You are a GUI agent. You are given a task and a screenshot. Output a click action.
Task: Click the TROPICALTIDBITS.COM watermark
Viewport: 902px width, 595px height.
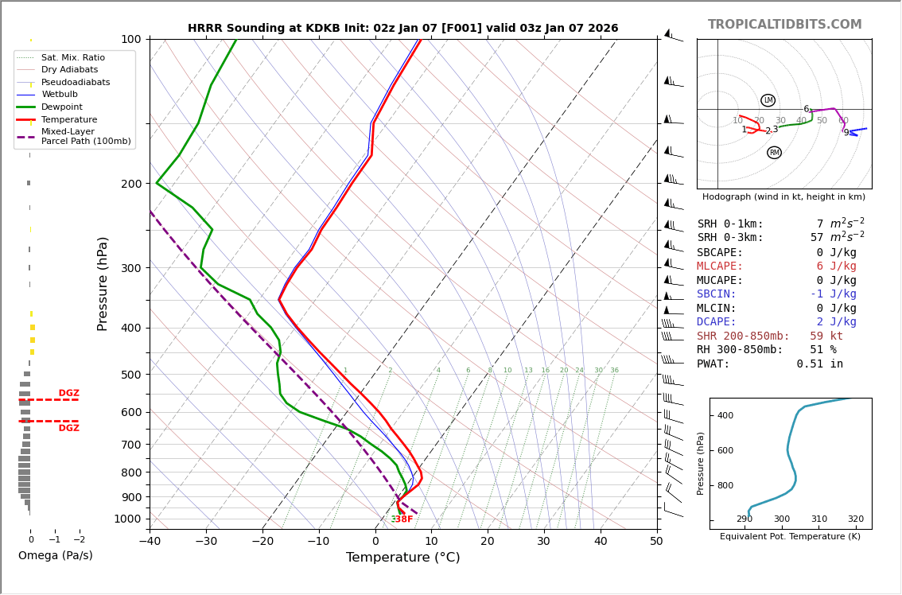point(784,25)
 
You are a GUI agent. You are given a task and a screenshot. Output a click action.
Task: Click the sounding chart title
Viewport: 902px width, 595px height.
point(402,29)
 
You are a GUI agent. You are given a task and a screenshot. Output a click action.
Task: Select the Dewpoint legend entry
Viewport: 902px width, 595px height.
point(61,107)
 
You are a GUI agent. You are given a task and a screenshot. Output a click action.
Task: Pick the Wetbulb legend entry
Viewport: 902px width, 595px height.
point(59,95)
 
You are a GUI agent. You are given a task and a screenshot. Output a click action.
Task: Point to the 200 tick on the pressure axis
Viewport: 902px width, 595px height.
point(130,184)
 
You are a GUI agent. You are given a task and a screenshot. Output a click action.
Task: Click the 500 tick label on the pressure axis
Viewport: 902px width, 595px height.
point(130,375)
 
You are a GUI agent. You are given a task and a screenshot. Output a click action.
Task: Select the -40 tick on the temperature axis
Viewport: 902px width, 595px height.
point(150,542)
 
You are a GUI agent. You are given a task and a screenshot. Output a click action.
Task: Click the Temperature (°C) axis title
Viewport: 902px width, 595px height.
point(402,558)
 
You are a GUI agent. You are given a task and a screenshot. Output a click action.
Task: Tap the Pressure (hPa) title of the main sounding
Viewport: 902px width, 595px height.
point(103,283)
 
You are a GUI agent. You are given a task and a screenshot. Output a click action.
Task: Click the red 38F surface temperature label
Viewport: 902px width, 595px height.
point(404,519)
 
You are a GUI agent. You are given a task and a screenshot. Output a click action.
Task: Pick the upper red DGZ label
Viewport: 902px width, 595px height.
point(69,393)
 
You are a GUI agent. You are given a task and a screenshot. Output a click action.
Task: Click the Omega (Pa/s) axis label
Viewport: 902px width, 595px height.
point(55,555)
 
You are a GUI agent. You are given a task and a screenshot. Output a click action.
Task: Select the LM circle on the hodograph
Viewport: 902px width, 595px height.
point(768,100)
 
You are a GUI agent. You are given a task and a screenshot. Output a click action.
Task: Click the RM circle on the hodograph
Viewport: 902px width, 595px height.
point(774,153)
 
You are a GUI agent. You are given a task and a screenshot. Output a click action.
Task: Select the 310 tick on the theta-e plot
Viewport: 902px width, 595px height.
point(818,519)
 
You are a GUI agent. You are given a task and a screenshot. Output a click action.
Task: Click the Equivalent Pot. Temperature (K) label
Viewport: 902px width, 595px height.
point(790,537)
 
